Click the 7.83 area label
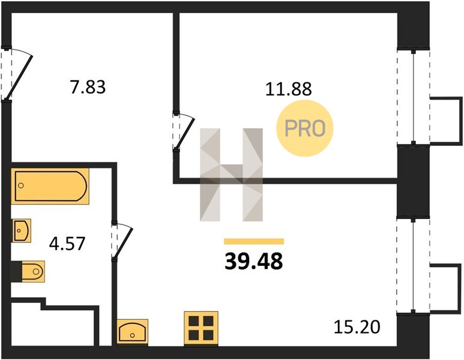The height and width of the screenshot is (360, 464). pos(88,87)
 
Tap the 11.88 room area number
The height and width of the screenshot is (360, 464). pos(289,89)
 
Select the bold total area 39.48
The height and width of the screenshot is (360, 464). pos(254,262)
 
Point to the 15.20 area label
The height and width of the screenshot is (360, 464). pos(357,327)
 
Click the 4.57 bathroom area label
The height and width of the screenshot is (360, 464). pos(67,244)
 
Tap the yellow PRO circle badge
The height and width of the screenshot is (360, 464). pos(305,128)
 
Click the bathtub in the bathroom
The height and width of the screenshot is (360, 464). pos(50,186)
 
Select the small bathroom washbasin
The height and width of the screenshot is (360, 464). pos(21,230)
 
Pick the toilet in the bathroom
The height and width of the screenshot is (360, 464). pos(28,271)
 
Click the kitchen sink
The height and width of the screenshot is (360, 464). pos(132,332)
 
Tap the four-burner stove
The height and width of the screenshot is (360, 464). pos(201,328)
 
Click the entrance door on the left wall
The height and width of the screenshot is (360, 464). pos(16,74)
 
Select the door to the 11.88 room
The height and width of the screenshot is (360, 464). pos(182,131)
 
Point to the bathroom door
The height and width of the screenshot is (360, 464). pos(121,241)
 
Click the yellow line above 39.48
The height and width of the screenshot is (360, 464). pos(254,241)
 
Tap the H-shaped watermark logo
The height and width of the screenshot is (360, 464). pos(232,175)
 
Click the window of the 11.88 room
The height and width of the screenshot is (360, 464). pos(413,98)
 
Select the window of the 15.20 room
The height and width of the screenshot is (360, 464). pos(413,266)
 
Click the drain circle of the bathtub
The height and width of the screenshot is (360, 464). pos(21,185)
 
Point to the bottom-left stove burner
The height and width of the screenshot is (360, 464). pos(194,335)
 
